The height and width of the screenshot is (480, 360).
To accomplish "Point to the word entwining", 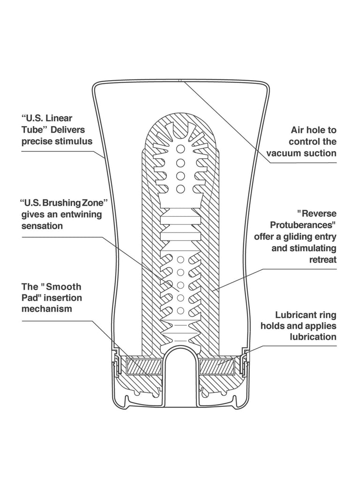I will [75, 215].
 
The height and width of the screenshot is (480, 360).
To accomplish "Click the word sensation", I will [43, 226].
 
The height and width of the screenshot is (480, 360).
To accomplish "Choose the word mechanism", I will [47, 309].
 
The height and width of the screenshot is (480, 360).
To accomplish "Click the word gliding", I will [298, 236].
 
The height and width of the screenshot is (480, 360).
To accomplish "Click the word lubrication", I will [313, 337].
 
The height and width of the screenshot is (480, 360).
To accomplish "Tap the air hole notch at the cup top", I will [180, 81].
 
